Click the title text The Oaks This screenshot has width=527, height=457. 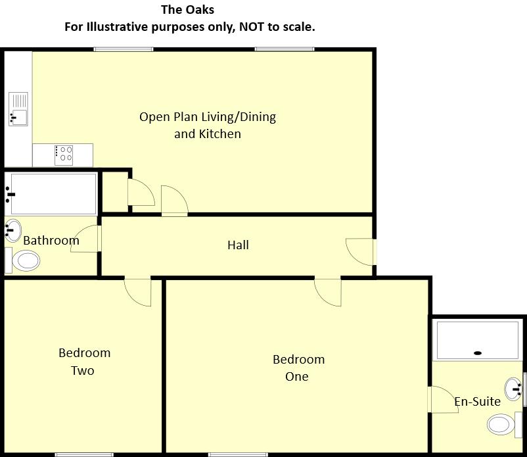click(187, 11)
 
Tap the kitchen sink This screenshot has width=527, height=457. click(18, 109)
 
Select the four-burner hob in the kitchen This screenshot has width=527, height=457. click(64, 154)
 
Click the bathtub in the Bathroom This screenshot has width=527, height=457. click(51, 193)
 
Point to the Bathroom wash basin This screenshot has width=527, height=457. click(12, 229)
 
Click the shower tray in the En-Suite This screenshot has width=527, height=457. click(478, 340)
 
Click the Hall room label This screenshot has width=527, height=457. click(238, 245)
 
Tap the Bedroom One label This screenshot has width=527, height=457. click(298, 368)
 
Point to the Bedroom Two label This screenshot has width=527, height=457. click(83, 362)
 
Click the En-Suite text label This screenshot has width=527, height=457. click(477, 401)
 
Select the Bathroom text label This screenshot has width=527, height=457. click(51, 241)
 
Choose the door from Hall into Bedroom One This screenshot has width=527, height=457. click(329, 291)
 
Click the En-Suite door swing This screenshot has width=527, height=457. click(442, 399)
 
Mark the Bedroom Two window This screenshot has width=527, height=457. click(81, 454)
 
